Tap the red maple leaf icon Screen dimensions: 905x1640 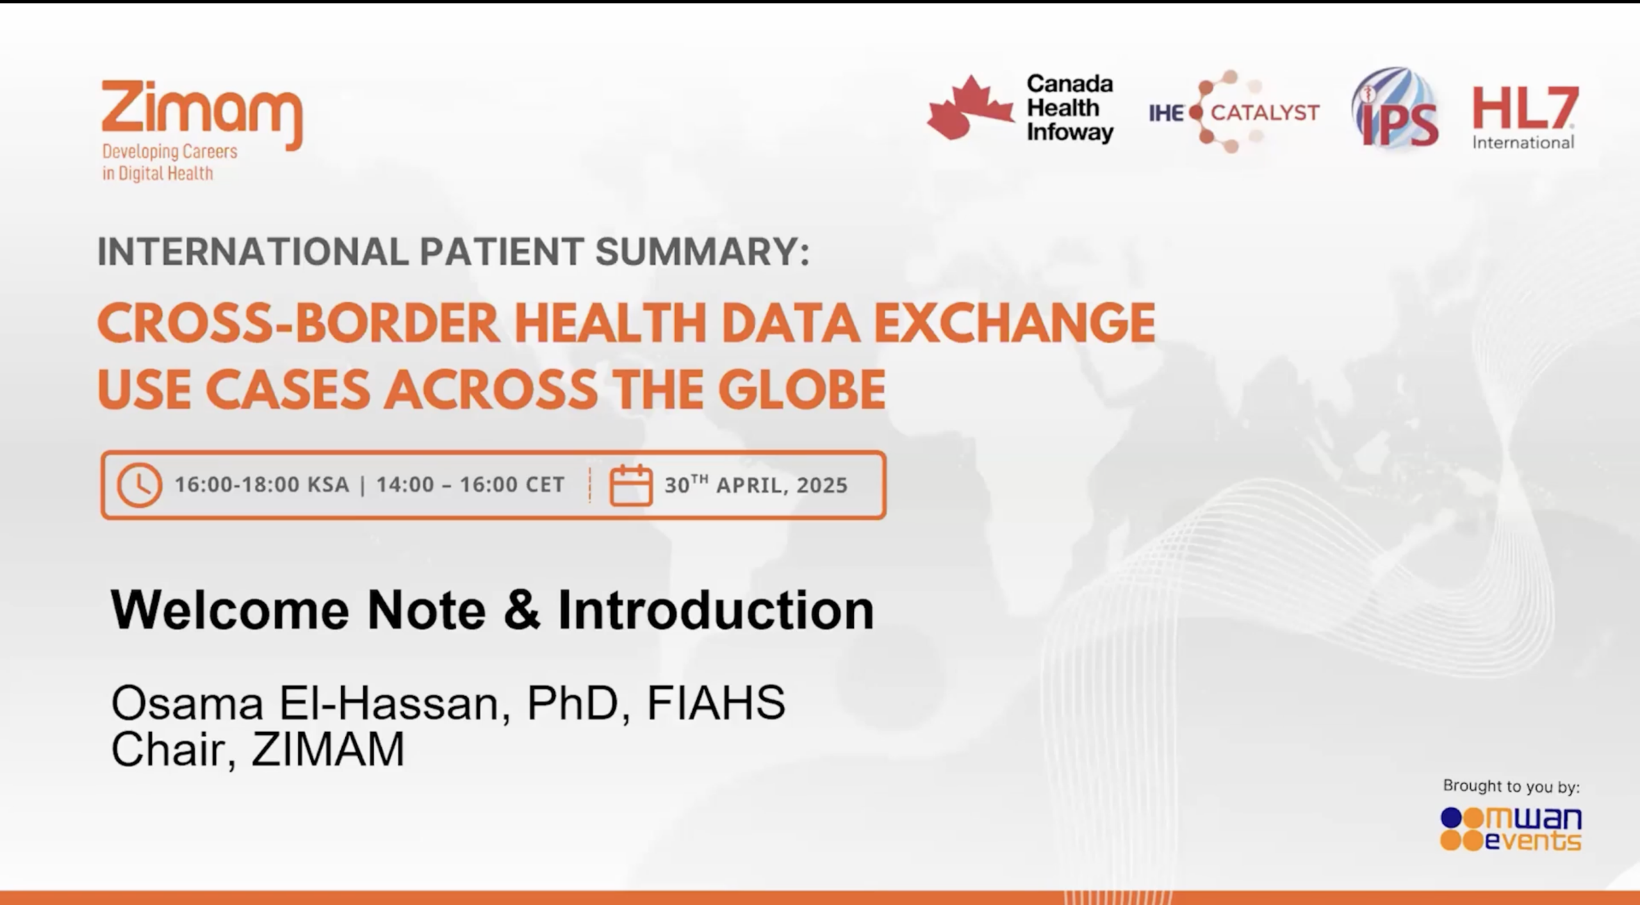pos(970,108)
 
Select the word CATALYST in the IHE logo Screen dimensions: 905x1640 pos(1265,113)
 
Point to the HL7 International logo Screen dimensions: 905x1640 pos(1525,117)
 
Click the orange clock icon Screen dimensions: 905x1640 pos(139,485)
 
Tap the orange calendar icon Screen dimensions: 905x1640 pos(630,485)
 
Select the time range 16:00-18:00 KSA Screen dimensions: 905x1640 pos(262,485)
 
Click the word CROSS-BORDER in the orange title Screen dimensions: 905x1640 pos(298,323)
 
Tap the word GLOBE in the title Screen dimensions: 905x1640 pos(801,390)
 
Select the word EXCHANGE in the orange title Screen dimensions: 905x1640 pos(1014,323)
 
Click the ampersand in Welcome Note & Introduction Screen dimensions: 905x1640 pos(522,610)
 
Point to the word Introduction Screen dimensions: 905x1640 pos(716,610)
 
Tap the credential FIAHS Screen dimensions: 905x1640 pos(716,703)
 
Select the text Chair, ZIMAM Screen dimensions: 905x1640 pos(258,749)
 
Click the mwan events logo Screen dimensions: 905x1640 pos(1511,829)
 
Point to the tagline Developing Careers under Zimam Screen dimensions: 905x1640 pos(170,152)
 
